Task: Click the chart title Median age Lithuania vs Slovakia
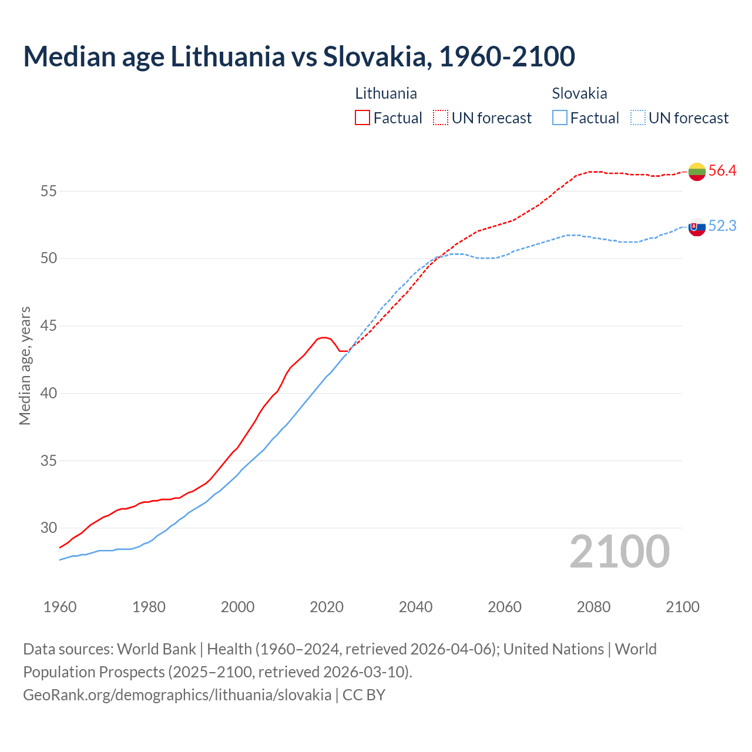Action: (298, 56)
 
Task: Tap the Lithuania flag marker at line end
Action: (697, 172)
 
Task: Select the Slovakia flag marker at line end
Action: (697, 227)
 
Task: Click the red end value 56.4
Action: (722, 171)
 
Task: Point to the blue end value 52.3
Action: (722, 226)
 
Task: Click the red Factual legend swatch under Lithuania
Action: (362, 118)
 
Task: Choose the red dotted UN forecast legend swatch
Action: (441, 118)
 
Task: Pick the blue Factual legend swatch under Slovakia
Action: (560, 118)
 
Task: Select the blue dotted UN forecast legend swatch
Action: (638, 118)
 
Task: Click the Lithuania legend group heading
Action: (386, 93)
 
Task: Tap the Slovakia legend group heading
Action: (579, 93)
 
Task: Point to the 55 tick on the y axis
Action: (49, 192)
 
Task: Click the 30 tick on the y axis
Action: (49, 528)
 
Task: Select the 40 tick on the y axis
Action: (49, 394)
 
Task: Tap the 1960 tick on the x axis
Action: (60, 607)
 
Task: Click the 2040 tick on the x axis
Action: (415, 607)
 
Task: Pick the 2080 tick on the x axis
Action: (593, 607)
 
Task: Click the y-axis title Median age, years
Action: (25, 365)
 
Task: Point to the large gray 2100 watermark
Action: (619, 552)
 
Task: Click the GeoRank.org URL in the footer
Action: (177, 695)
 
